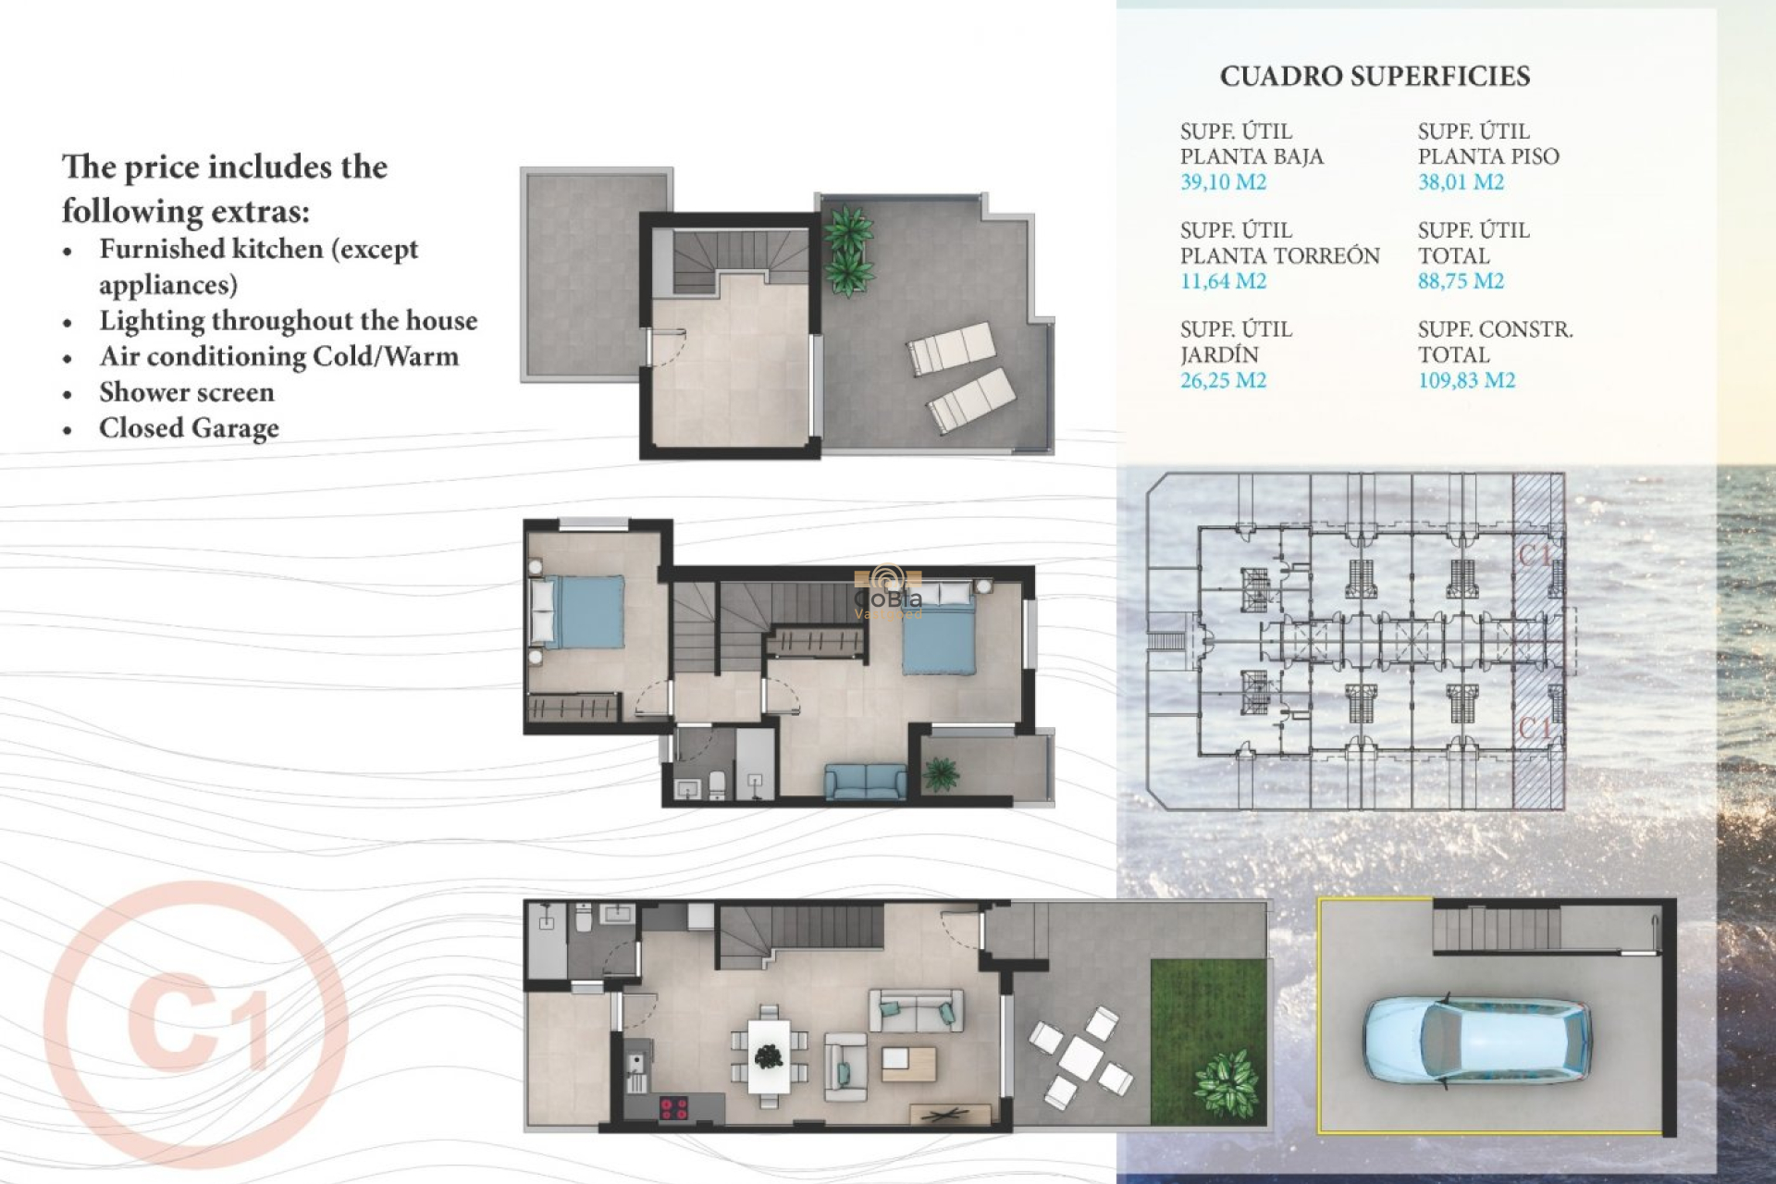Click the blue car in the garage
click(1477, 1040)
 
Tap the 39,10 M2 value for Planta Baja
click(1223, 182)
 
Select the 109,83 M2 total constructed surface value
click(1466, 380)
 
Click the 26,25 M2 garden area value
click(1223, 380)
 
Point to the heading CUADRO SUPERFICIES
click(1375, 77)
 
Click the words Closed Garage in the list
click(189, 428)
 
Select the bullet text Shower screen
click(187, 392)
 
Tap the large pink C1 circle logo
click(196, 1024)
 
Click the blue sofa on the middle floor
click(866, 782)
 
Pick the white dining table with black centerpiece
click(769, 1055)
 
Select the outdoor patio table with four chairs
click(1079, 1057)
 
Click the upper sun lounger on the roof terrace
click(952, 348)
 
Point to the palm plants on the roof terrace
click(847, 250)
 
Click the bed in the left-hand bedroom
click(577, 611)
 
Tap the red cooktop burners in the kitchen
click(672, 1106)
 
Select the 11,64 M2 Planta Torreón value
click(1223, 281)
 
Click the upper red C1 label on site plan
click(1535, 555)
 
